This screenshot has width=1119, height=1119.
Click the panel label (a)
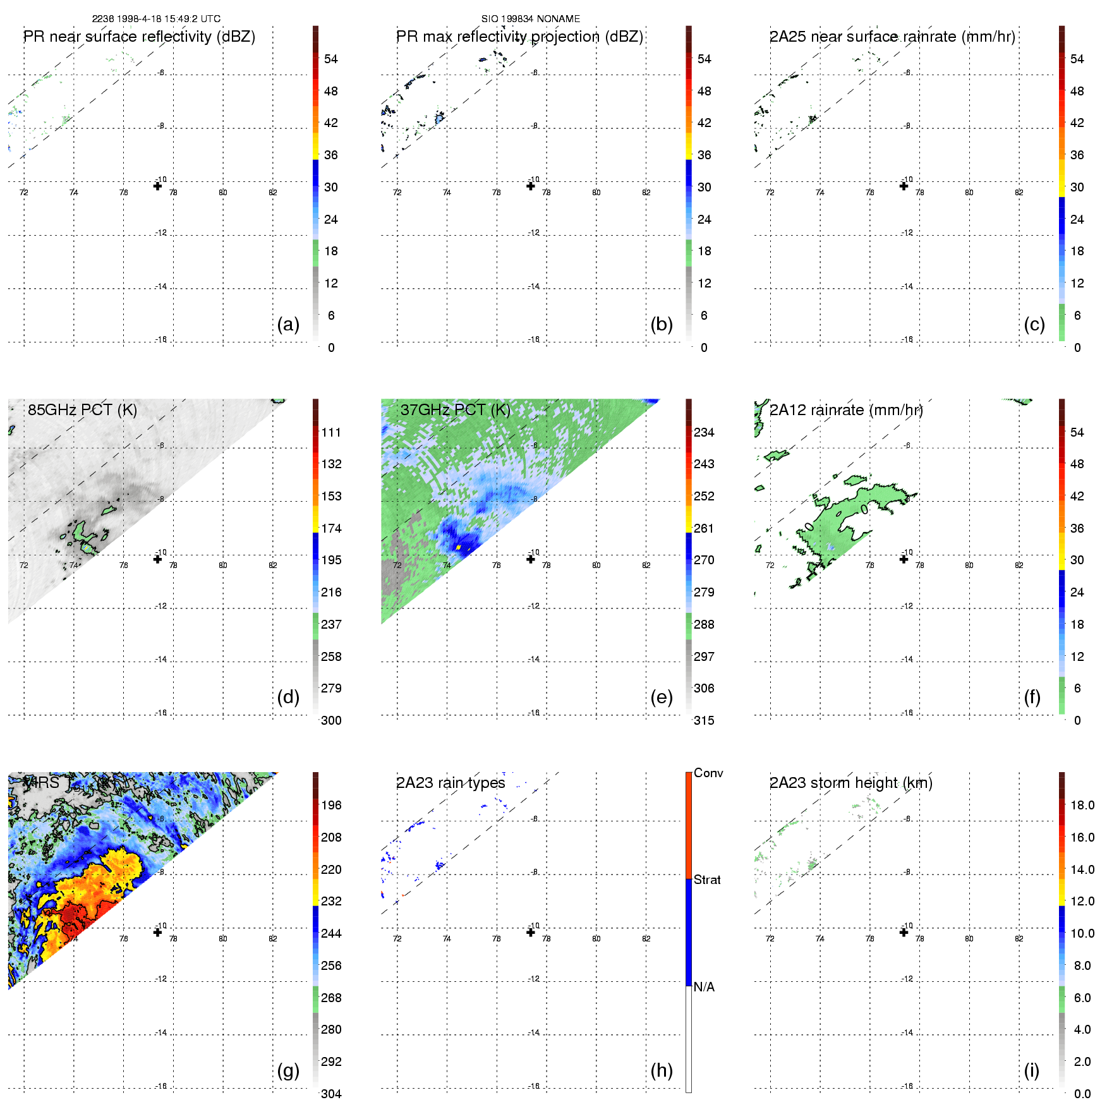click(x=288, y=325)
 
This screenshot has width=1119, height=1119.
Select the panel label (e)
click(x=661, y=698)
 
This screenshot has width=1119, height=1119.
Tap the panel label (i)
click(x=1031, y=1070)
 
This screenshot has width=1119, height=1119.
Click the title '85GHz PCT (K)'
click(x=82, y=410)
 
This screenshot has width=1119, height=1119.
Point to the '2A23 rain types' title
click(x=451, y=783)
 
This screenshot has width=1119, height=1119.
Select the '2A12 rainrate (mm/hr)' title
click(x=846, y=410)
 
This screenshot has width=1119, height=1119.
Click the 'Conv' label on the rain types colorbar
click(x=708, y=773)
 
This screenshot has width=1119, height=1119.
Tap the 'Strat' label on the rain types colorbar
click(x=707, y=880)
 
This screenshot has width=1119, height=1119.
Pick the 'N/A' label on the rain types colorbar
click(x=704, y=987)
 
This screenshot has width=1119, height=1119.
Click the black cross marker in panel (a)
click(x=157, y=186)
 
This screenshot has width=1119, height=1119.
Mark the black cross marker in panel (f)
click(x=904, y=559)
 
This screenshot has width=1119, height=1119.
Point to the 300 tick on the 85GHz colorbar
click(x=331, y=720)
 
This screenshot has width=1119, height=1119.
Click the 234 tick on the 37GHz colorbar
click(x=704, y=432)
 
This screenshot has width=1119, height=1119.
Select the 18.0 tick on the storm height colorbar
click(x=1082, y=805)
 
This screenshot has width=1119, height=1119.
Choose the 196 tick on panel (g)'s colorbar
click(x=331, y=805)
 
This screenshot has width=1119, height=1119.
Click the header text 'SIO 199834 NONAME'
click(x=531, y=19)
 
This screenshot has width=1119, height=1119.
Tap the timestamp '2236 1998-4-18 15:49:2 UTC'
click(x=156, y=19)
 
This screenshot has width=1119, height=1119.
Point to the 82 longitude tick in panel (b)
click(x=646, y=193)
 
